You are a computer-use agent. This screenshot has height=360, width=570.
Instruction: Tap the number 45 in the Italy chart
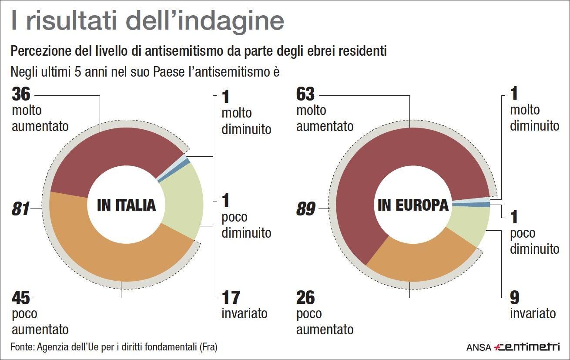pyautogui.click(x=21, y=298)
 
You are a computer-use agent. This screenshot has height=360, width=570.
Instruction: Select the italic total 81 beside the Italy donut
pyautogui.click(x=20, y=210)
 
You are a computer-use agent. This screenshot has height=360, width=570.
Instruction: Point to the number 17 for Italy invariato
pyautogui.click(x=231, y=298)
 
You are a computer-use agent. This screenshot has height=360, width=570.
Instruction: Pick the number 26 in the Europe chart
pyautogui.click(x=305, y=298)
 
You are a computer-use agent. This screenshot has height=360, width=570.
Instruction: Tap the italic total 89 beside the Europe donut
pyautogui.click(x=305, y=210)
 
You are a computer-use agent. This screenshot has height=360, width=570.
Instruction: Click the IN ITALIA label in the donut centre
pyautogui.click(x=126, y=205)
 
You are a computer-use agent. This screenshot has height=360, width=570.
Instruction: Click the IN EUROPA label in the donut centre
pyautogui.click(x=413, y=205)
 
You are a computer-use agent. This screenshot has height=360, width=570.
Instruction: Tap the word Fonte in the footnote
pyautogui.click(x=22, y=347)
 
